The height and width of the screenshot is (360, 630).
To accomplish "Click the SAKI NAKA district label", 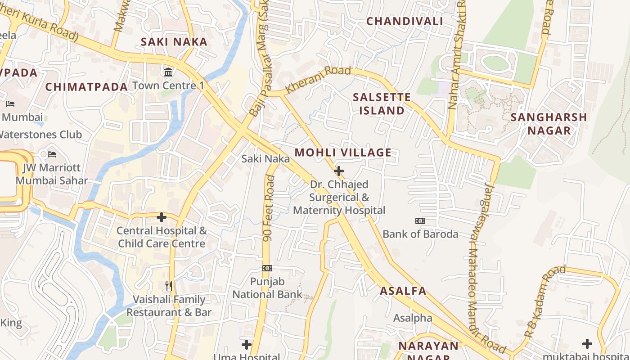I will [x=174, y=42].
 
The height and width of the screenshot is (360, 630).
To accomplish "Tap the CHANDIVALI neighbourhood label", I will [x=405, y=21].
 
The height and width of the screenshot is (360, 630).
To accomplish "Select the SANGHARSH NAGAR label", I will [x=549, y=124].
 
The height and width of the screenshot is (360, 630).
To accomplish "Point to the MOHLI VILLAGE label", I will [x=343, y=153].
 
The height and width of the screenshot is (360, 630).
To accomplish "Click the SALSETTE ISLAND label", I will [x=382, y=104].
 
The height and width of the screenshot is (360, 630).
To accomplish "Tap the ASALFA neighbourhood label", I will [x=403, y=291].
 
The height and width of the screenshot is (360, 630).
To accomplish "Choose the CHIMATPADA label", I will [x=87, y=87].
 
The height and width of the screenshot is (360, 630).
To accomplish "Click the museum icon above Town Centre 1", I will [x=168, y=72].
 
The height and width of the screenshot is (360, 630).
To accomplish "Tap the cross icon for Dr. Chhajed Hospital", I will [x=339, y=171].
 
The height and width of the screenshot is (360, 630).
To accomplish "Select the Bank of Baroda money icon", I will [x=420, y=221].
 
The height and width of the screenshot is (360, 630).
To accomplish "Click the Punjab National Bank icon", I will [x=267, y=268].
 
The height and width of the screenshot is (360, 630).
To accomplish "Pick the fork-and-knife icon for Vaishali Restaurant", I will [x=169, y=286].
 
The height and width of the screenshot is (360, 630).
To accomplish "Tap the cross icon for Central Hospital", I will [x=162, y=218].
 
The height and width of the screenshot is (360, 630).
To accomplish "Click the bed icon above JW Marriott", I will [x=52, y=154].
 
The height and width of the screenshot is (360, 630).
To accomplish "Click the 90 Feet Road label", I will [x=269, y=208].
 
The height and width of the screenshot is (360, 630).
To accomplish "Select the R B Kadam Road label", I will [x=544, y=302].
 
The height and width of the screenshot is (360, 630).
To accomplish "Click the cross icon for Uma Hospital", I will [x=246, y=345].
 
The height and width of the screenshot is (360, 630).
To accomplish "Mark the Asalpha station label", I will [x=413, y=318].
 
